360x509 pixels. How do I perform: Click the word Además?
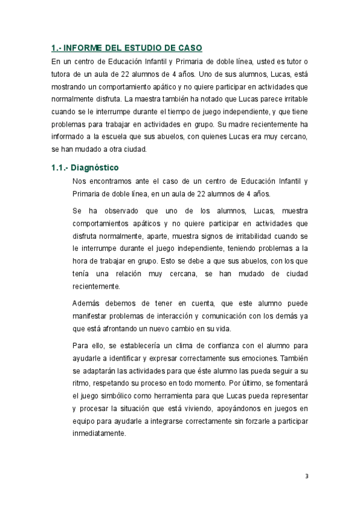pyautogui.click(x=87, y=303)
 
